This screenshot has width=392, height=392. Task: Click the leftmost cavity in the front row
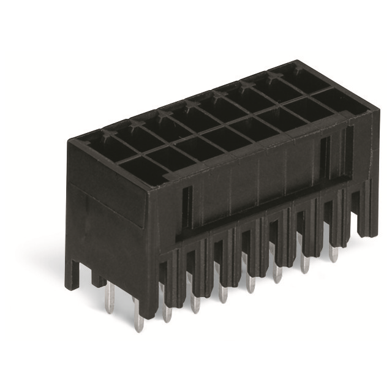(141, 167)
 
